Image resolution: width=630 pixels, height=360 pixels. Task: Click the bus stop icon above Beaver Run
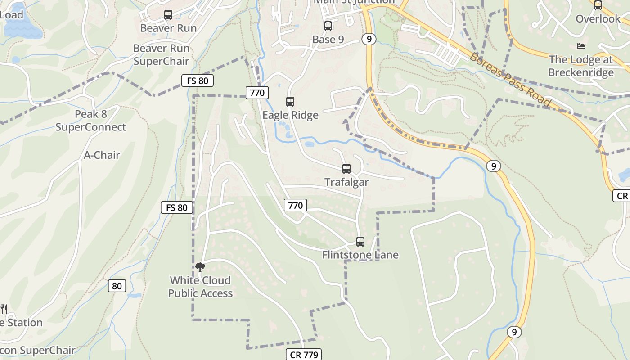pyautogui.click(x=168, y=15)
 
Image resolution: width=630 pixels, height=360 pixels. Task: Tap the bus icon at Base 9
pyautogui.click(x=328, y=26)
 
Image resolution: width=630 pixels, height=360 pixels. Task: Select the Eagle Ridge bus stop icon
pyautogui.click(x=290, y=102)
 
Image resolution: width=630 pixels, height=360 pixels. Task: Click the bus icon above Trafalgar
pyautogui.click(x=346, y=169)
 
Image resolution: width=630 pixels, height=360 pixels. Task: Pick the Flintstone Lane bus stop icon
pyautogui.click(x=360, y=242)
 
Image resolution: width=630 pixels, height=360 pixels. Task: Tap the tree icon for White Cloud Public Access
pyautogui.click(x=200, y=267)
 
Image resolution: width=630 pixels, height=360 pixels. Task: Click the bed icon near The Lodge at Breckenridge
pyautogui.click(x=580, y=46)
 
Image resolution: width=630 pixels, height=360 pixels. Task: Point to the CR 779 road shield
pyautogui.click(x=305, y=355)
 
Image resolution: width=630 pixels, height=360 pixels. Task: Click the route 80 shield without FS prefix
pyautogui.click(x=117, y=286)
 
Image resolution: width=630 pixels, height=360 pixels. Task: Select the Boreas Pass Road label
pyautogui.click(x=510, y=79)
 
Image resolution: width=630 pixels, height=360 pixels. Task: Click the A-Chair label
pyautogui.click(x=102, y=155)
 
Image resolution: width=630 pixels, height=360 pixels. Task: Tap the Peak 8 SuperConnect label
pyautogui.click(x=91, y=121)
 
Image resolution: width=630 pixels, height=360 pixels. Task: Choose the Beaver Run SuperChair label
pyautogui.click(x=161, y=55)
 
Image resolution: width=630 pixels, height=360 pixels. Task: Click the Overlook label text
pyautogui.click(x=598, y=19)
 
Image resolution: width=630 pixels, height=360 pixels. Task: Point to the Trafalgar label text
pyautogui.click(x=346, y=182)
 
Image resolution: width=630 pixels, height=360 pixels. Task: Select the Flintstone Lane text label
pyautogui.click(x=360, y=255)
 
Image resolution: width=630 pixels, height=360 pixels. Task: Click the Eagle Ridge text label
pyautogui.click(x=290, y=115)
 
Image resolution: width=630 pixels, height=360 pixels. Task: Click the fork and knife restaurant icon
pyautogui.click(x=4, y=309)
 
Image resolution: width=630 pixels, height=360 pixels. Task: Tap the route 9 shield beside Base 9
pyautogui.click(x=369, y=39)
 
